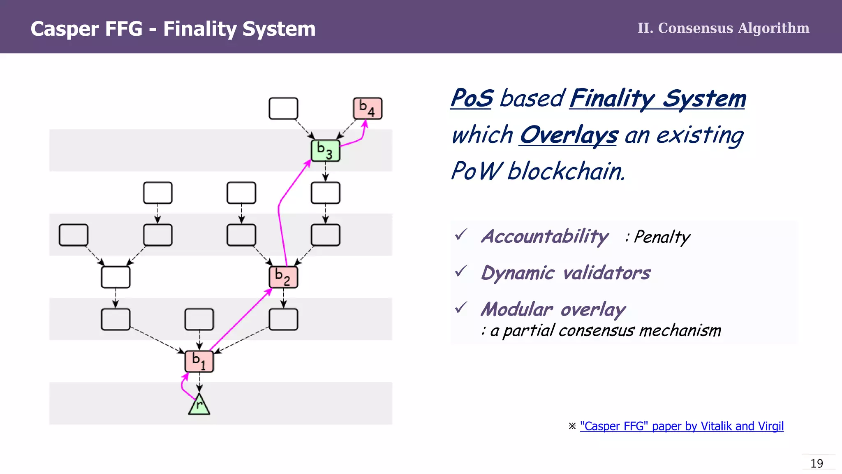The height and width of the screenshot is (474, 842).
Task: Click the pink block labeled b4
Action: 368,109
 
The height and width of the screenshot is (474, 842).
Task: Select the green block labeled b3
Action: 326,151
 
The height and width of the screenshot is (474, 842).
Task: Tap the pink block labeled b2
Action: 283,277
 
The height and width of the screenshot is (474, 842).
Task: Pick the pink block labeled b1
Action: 199,361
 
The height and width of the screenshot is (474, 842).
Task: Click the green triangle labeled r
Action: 199,406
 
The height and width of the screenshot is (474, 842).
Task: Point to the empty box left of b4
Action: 283,109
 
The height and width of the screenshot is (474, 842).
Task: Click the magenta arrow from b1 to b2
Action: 241,321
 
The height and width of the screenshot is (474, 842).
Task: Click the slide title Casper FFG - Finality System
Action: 173,29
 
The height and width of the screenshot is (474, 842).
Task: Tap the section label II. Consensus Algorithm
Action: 723,28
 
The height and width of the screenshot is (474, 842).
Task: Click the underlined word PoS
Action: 472,98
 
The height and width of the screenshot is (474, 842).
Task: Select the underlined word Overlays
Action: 569,135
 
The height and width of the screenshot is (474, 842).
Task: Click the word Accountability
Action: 545,237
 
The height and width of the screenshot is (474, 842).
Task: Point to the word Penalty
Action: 662,237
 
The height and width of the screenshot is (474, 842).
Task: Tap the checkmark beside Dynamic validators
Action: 461,271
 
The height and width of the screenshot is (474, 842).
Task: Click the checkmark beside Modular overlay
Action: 461,307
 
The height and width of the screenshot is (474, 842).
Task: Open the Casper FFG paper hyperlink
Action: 682,426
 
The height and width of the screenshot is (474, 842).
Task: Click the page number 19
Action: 817,463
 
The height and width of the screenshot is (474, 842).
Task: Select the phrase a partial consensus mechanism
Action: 606,330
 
